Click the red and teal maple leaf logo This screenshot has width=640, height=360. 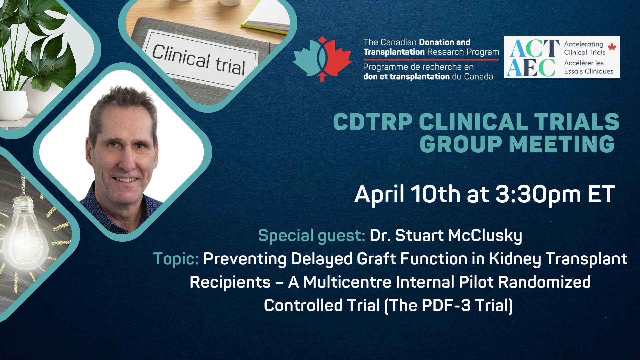tap(322, 59)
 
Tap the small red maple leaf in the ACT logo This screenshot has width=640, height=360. tap(612, 47)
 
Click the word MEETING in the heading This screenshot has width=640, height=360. tap(562, 144)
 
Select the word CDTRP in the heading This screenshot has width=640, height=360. tap(373, 122)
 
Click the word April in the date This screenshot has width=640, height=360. tap(379, 195)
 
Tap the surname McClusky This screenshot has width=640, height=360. tap(485, 236)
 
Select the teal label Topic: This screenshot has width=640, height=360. tap(176, 259)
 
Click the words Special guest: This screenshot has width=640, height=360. tap(312, 236)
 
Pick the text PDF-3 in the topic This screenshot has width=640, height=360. tap(446, 305)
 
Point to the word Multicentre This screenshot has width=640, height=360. tap(347, 282)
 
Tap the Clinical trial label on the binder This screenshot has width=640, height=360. tap(199, 60)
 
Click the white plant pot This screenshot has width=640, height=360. tap(13, 105)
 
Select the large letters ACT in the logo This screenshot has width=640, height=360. tap(535, 48)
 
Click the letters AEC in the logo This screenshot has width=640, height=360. tap(531, 68)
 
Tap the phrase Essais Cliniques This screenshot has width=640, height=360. tap(589, 71)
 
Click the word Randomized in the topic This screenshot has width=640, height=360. tap(544, 282)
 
